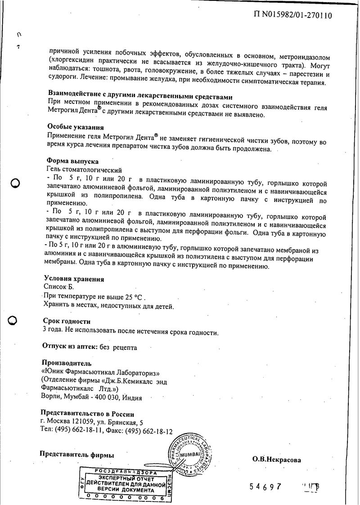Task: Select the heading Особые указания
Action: (x=75, y=127)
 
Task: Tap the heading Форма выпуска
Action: (x=72, y=161)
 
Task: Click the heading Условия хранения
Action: (x=74, y=279)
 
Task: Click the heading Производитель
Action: (x=66, y=363)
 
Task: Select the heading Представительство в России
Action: (x=87, y=414)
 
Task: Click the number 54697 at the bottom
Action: (x=268, y=487)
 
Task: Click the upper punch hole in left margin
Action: (x=15, y=183)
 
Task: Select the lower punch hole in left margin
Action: (x=13, y=320)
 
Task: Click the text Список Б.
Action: (x=58, y=286)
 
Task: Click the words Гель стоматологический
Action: (x=84, y=170)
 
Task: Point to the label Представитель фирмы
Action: (x=77, y=455)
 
